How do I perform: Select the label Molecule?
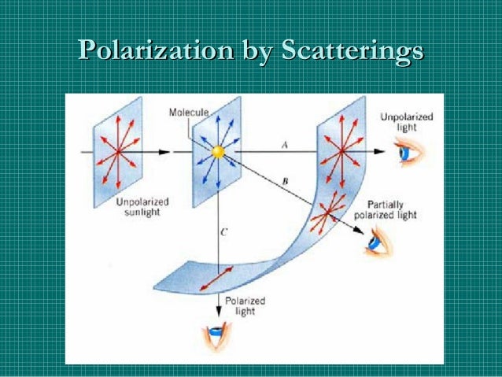pyautogui.click(x=189, y=113)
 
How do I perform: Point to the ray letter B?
pyautogui.click(x=284, y=183)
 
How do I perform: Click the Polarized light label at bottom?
pyautogui.click(x=245, y=305)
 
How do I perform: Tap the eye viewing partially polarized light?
pyautogui.click(x=376, y=246)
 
